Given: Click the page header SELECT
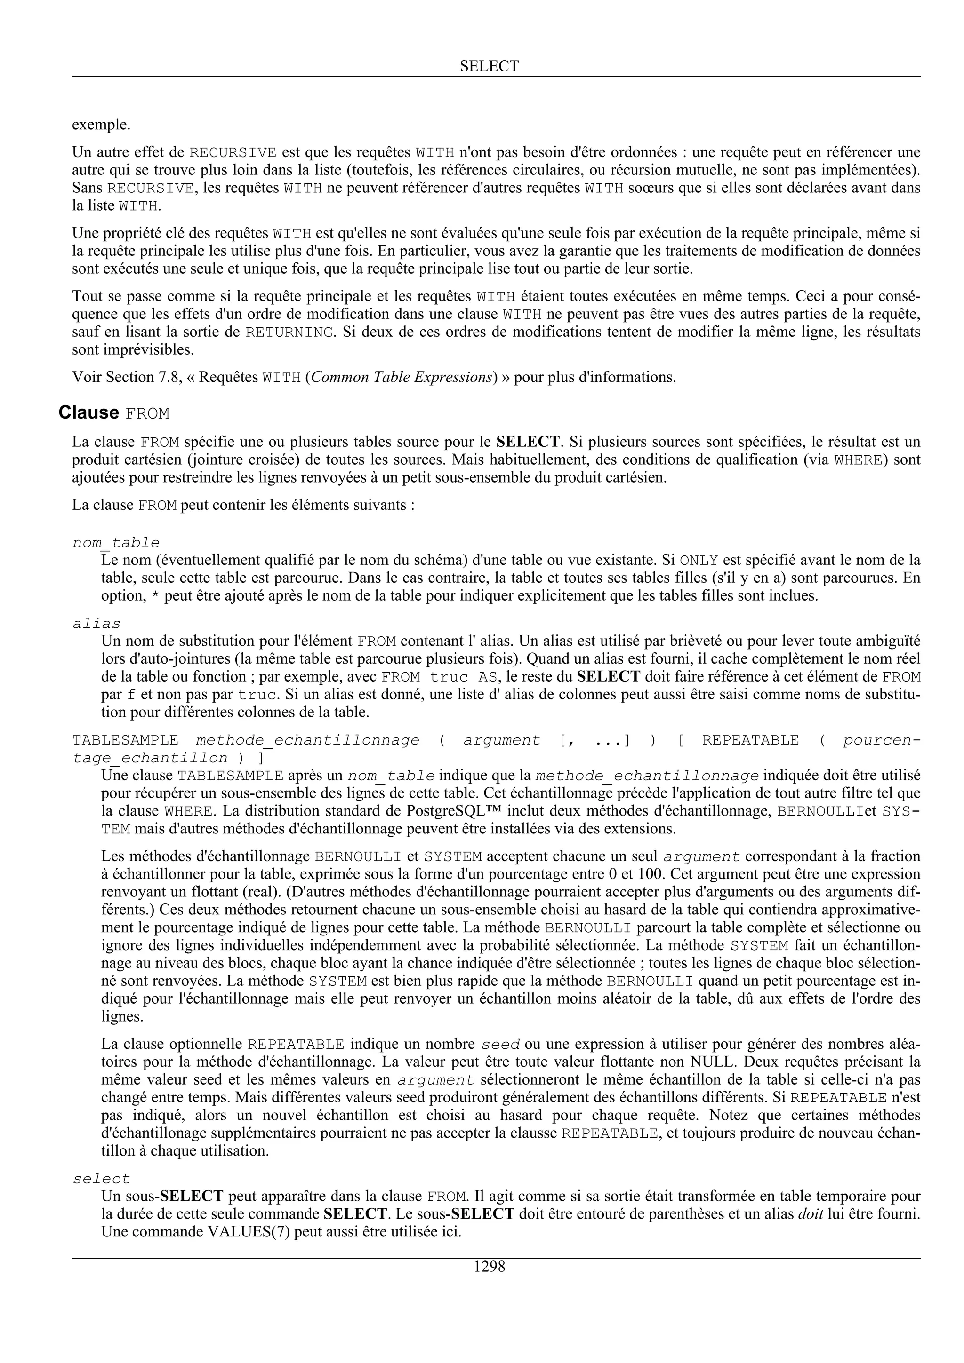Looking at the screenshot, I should point(489,66).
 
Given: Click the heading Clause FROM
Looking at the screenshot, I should point(114,412).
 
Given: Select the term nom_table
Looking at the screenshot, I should point(116,543).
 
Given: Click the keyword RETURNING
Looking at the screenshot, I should point(289,332).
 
